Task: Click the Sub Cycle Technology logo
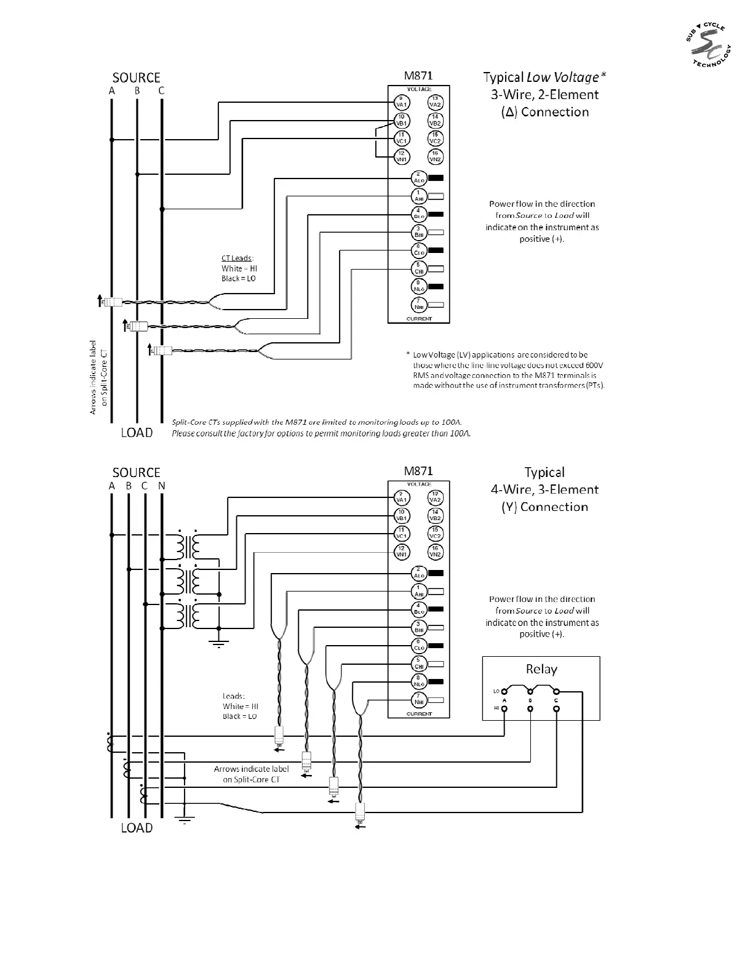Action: [708, 47]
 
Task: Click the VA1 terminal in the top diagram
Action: [401, 102]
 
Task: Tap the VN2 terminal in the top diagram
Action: [435, 157]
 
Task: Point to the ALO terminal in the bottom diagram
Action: [419, 573]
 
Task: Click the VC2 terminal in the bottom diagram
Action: [435, 534]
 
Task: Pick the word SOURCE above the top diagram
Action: [136, 78]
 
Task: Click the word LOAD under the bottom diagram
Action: [137, 828]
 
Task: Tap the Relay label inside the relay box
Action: [541, 669]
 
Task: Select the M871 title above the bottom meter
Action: [418, 471]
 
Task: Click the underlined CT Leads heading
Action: [237, 259]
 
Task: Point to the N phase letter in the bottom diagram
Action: [161, 486]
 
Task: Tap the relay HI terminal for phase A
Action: [504, 708]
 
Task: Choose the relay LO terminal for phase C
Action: [556, 691]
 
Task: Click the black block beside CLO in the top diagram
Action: [436, 251]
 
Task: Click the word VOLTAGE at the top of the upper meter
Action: [419, 90]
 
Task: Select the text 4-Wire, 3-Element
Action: [544, 490]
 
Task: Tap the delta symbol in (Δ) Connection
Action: [509, 113]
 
